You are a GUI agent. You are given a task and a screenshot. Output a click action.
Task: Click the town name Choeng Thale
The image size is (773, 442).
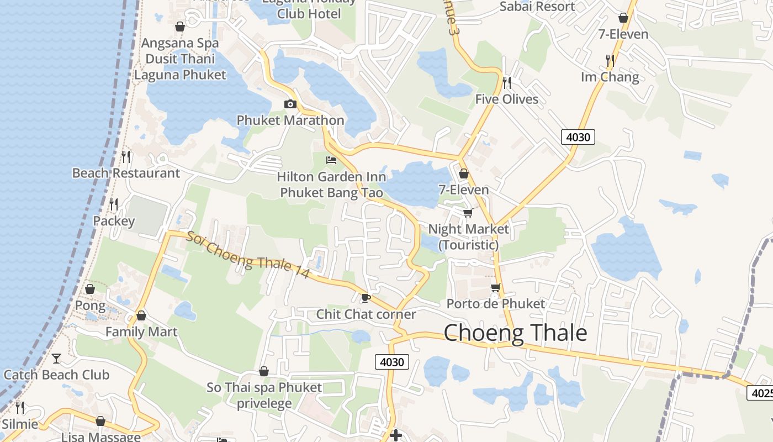click(515, 333)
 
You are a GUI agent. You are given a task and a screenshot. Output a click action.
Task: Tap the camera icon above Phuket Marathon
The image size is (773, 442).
click(290, 104)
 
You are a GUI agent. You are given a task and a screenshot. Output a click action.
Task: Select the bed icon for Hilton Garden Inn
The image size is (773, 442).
click(331, 160)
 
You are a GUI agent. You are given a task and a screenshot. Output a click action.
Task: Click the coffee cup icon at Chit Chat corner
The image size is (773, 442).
click(365, 298)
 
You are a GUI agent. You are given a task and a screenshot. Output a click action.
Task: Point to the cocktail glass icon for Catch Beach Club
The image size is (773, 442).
click(56, 359)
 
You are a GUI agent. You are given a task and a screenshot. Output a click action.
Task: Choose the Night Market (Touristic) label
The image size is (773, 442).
click(469, 236)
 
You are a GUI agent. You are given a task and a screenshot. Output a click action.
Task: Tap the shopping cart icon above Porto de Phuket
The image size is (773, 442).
click(495, 287)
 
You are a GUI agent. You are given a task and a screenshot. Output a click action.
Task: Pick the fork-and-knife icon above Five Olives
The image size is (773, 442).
click(506, 83)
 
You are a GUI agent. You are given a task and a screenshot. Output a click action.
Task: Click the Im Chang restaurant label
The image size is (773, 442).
click(610, 77)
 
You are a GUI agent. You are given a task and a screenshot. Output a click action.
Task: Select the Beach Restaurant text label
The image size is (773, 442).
click(126, 173)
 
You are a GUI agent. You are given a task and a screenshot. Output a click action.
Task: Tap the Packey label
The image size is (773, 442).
click(114, 221)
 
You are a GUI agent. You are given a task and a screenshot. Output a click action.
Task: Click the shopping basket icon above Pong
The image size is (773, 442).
click(90, 289)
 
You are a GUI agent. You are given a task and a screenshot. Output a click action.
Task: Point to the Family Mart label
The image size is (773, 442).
click(141, 331)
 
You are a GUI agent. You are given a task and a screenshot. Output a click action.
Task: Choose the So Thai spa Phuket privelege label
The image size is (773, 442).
click(264, 395)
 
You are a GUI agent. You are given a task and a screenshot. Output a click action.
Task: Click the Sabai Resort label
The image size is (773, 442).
click(537, 7)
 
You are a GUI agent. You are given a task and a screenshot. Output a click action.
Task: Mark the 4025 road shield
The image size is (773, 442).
click(761, 393)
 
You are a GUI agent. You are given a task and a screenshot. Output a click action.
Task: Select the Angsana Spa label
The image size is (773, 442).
click(180, 43)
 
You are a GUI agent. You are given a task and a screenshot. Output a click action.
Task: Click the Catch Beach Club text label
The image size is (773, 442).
click(56, 375)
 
